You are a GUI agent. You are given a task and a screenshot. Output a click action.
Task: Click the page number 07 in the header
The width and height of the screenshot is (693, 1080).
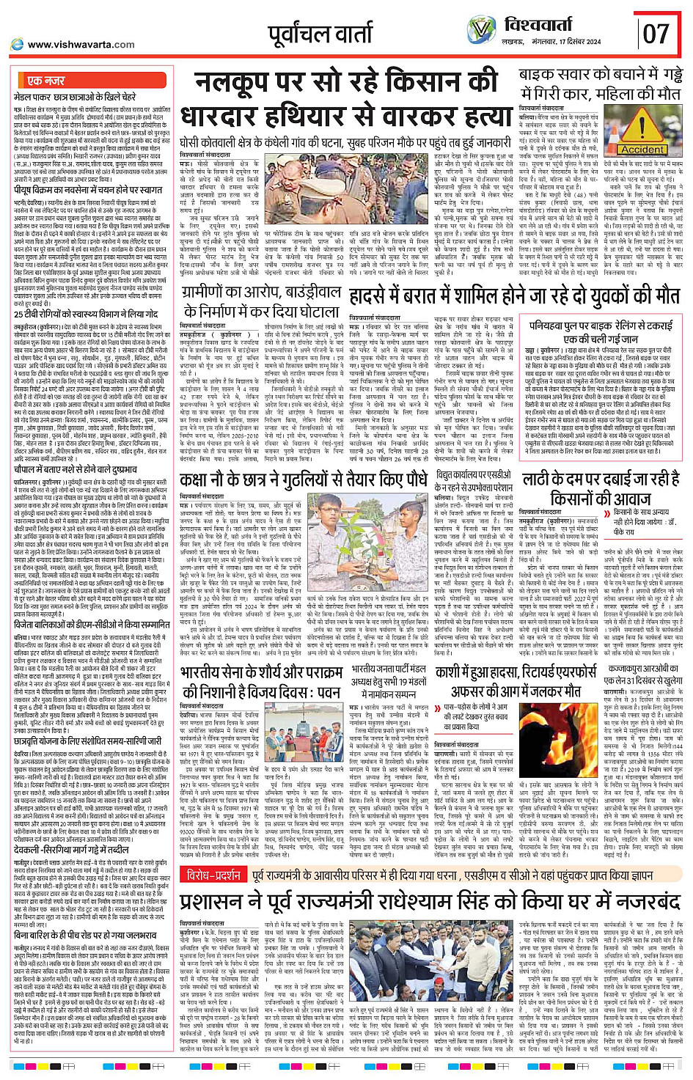(x=656, y=33)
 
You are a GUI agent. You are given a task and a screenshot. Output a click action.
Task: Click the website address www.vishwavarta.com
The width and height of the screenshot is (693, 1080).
(x=81, y=45)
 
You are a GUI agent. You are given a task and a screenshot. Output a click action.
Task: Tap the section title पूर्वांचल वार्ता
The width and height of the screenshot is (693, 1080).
(x=320, y=34)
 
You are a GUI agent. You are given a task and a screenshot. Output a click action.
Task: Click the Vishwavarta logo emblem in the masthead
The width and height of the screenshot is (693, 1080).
(x=482, y=30)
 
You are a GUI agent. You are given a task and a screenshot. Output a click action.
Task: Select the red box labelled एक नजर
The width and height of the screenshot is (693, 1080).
(x=45, y=81)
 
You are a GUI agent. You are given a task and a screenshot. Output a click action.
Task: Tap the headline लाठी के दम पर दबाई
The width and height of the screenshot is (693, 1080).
(x=601, y=487)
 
